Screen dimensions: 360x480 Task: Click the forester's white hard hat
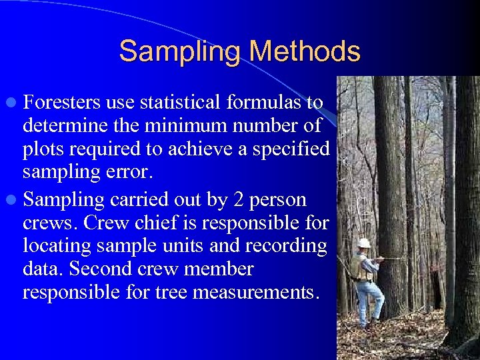[364, 243]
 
